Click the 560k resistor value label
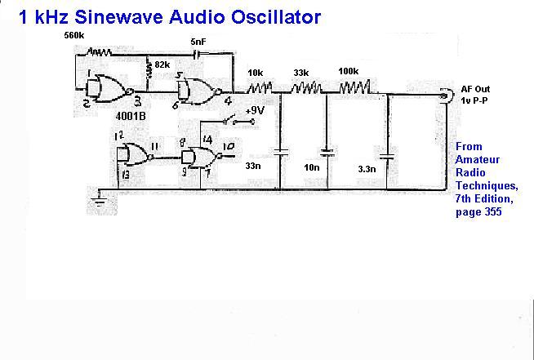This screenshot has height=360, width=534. (x=74, y=35)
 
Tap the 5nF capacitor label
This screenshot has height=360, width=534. (x=198, y=42)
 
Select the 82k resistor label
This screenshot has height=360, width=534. (x=162, y=64)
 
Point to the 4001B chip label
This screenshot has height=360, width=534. (x=131, y=116)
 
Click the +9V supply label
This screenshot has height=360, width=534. (x=255, y=112)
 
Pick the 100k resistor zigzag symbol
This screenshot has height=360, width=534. (x=354, y=87)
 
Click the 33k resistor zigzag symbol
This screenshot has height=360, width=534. (x=306, y=87)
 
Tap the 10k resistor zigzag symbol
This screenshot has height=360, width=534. (x=260, y=88)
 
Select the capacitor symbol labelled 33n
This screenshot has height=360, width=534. (x=280, y=152)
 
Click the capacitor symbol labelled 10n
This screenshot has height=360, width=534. (x=327, y=152)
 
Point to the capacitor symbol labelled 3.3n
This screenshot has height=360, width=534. (x=387, y=157)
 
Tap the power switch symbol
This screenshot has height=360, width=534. (x=238, y=120)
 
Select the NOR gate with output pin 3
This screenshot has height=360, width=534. (x=109, y=89)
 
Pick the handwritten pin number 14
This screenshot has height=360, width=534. (x=207, y=140)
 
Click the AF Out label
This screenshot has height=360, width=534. (x=475, y=89)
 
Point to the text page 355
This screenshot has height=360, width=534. (x=478, y=212)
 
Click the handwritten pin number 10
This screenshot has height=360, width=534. (x=228, y=146)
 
